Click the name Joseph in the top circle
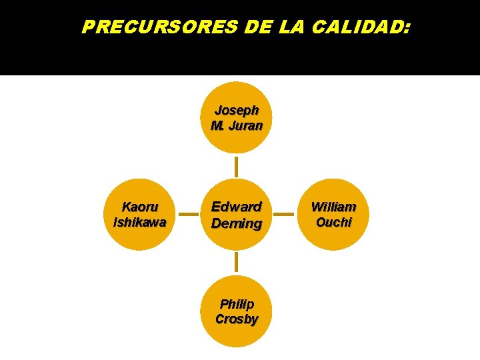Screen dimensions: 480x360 click(x=237, y=109)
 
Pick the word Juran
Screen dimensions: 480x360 click(x=245, y=125)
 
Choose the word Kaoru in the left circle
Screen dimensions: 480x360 click(x=140, y=207)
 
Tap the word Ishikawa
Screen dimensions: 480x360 click(x=140, y=223)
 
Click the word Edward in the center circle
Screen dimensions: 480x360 click(x=237, y=207)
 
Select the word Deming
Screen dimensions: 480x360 click(x=237, y=223)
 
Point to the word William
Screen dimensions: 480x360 click(x=333, y=207)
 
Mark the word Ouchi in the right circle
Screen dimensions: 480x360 click(x=333, y=223)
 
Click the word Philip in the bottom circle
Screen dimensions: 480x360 click(x=237, y=304)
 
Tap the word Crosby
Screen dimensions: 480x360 click(x=237, y=319)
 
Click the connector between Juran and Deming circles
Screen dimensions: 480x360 click(x=237, y=166)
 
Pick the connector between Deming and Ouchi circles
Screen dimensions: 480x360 click(x=285, y=215)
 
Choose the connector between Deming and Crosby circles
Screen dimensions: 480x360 click(x=237, y=263)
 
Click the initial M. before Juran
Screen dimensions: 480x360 click(x=217, y=125)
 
